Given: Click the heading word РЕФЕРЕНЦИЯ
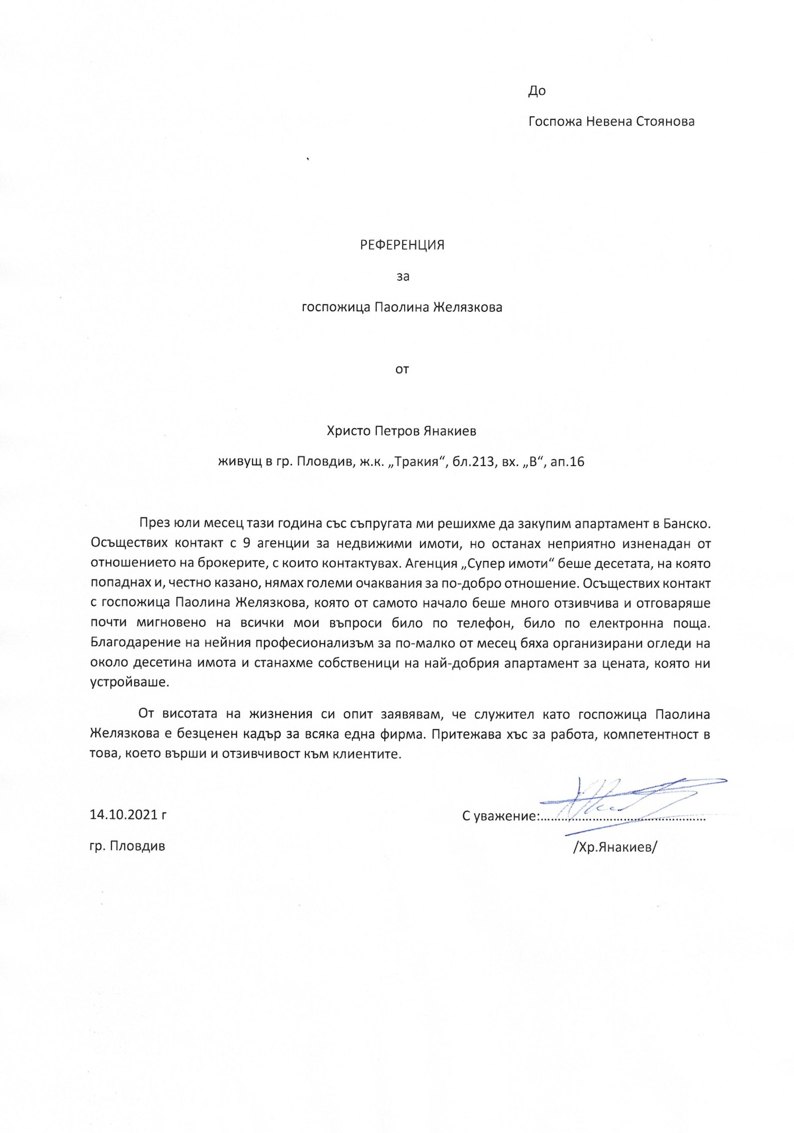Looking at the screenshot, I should coord(402,245).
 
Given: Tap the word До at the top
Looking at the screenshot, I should coord(537,91).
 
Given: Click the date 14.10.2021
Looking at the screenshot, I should coord(124,815).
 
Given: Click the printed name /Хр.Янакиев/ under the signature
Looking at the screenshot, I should coord(615,847).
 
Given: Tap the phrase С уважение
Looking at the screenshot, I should coord(500,816).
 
